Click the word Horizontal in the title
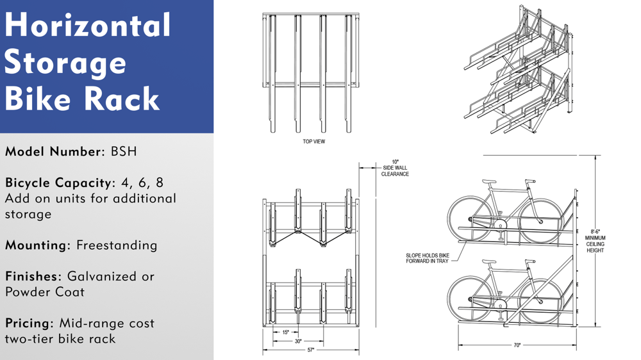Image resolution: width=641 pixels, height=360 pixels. (x=88, y=26)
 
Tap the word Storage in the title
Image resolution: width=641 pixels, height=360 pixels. (x=66, y=63)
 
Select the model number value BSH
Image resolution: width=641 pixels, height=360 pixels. (x=124, y=152)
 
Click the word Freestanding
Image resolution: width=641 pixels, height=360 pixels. (x=117, y=245)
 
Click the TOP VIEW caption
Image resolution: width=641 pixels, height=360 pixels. (x=313, y=142)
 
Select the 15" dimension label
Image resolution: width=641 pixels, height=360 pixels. (x=286, y=332)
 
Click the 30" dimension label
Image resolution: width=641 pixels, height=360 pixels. (x=298, y=341)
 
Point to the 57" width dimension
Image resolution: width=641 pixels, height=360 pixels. (x=311, y=350)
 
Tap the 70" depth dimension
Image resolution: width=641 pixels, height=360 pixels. (x=517, y=346)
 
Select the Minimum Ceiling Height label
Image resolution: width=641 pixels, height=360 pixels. (x=595, y=241)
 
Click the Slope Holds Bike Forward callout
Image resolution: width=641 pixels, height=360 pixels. (x=428, y=258)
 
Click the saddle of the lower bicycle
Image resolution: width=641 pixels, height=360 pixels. (x=488, y=261)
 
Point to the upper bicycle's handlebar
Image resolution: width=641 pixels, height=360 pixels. (x=529, y=182)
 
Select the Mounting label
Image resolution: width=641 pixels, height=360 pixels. (x=37, y=245)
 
